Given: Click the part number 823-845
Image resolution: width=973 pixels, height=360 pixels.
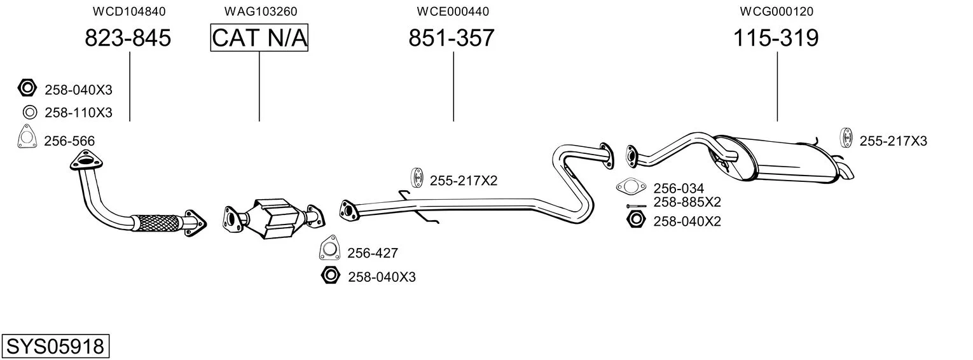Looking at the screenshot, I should pyautogui.click(x=128, y=39).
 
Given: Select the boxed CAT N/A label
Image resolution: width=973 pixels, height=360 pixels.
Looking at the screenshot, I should pyautogui.click(x=259, y=39).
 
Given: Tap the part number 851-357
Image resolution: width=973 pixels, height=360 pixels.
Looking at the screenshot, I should pyautogui.click(x=451, y=39).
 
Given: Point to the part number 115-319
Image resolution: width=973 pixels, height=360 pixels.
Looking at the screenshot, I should pyautogui.click(x=776, y=39).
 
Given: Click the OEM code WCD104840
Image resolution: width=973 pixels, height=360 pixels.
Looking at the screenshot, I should pyautogui.click(x=129, y=11).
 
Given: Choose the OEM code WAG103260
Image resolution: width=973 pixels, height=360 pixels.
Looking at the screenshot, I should pyautogui.click(x=260, y=11).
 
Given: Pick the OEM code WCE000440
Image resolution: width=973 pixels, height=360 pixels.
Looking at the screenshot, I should pyautogui.click(x=453, y=11).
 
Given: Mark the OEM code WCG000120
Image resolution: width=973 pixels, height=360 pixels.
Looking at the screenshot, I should pyautogui.click(x=776, y=11).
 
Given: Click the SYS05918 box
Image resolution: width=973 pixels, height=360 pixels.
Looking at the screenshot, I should pyautogui.click(x=55, y=347).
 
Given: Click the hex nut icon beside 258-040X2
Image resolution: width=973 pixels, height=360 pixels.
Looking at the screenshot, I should pyautogui.click(x=635, y=221).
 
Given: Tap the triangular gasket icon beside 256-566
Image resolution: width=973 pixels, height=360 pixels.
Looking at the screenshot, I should pyautogui.click(x=27, y=138).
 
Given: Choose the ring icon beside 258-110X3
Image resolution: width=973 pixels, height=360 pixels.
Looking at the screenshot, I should pyautogui.click(x=29, y=113).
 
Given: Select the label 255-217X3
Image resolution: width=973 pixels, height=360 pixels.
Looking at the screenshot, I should pyautogui.click(x=893, y=141).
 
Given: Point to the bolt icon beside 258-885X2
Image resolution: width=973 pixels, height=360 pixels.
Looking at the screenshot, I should pyautogui.click(x=636, y=205).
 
